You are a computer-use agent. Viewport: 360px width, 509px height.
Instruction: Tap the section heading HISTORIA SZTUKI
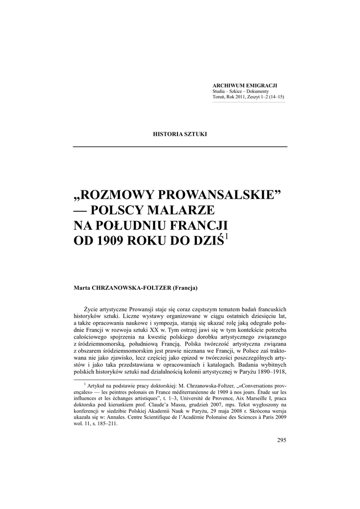[180, 135]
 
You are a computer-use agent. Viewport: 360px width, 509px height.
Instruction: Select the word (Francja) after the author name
[185, 288]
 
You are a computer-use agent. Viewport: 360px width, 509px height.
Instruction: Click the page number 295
[281, 440]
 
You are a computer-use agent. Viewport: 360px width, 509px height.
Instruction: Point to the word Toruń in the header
[219, 97]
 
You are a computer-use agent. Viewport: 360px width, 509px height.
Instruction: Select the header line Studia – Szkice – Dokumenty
[241, 91]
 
